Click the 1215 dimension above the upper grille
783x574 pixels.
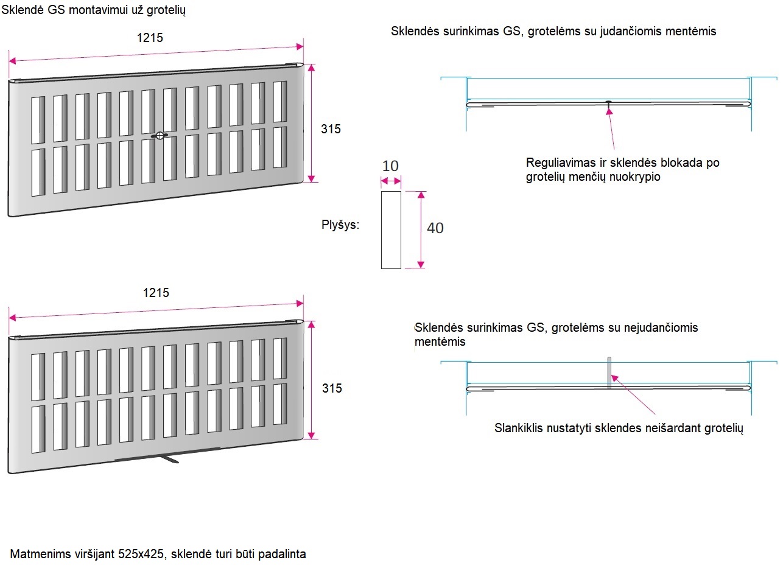tap(150, 38)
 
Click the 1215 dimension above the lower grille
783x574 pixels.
tap(156, 293)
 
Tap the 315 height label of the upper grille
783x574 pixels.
tap(331, 129)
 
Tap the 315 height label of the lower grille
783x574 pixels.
tap(332, 388)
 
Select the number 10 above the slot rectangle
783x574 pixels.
tap(390, 166)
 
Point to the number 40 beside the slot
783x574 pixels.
tap(435, 228)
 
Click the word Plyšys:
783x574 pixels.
tap(340, 225)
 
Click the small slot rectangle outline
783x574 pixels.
tap(391, 230)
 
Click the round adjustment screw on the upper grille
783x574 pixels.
tap(160, 136)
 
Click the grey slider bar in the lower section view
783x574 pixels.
tap(609, 373)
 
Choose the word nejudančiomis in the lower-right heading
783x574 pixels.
tap(661, 327)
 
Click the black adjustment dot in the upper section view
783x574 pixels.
tap(609, 102)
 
